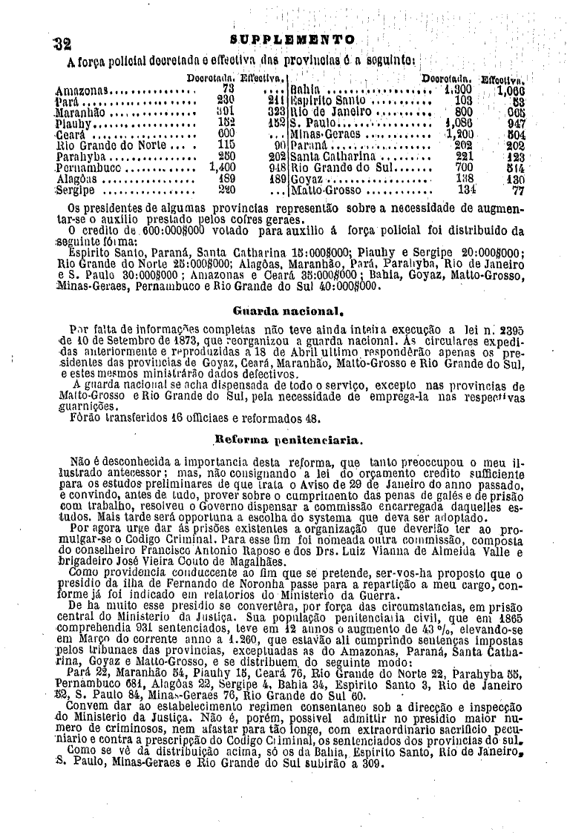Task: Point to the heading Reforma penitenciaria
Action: point(288,440)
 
